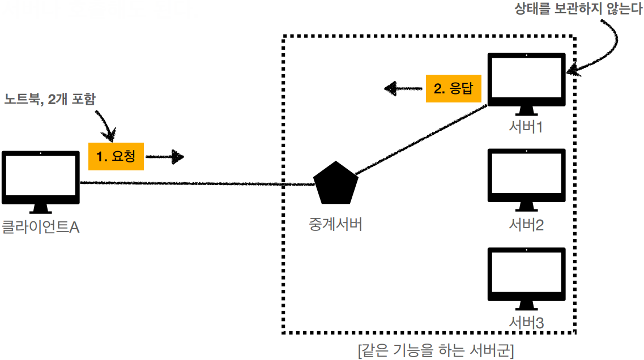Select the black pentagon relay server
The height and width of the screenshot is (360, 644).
(x=336, y=183)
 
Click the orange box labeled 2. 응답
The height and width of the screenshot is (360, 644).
(x=453, y=88)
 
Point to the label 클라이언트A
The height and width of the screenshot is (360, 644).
(x=40, y=228)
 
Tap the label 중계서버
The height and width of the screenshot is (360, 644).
(x=336, y=224)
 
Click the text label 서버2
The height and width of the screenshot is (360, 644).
(x=526, y=225)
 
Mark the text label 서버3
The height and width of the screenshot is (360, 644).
(x=526, y=323)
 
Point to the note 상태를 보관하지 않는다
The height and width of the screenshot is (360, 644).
(x=578, y=10)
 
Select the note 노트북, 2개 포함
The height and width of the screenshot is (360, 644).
(x=50, y=99)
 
